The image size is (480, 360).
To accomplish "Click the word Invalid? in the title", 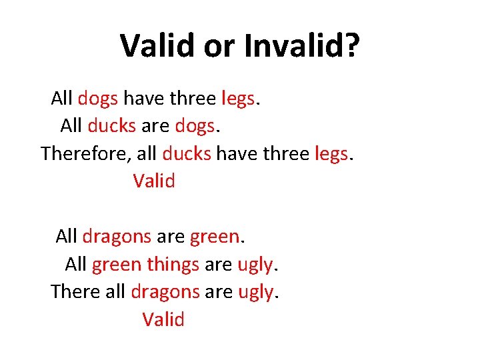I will [302, 45].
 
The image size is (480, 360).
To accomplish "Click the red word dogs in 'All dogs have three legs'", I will [98, 99].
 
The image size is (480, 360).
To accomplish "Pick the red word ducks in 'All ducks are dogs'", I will [111, 125].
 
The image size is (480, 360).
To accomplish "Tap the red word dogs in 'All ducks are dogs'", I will [194, 125].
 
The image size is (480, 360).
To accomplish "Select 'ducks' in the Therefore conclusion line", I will [187, 153].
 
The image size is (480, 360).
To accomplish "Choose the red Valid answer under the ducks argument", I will [154, 181].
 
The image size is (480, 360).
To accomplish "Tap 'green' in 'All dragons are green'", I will [214, 236].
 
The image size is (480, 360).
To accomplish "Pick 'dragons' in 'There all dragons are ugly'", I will [165, 291].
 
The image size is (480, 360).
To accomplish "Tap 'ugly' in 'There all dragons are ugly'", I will [257, 291].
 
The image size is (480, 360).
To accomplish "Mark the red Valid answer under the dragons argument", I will [163, 319].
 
